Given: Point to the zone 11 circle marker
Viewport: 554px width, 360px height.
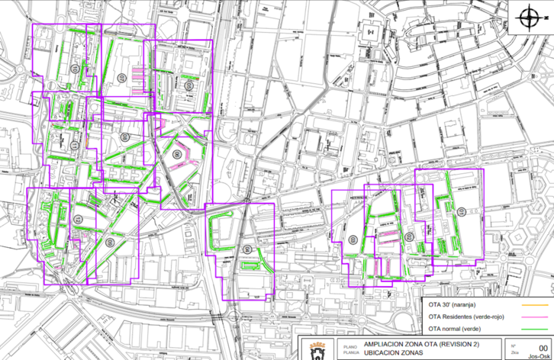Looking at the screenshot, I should pyautogui.click(x=353, y=239).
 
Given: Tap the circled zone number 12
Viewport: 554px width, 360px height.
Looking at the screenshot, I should pyautogui.click(x=409, y=236).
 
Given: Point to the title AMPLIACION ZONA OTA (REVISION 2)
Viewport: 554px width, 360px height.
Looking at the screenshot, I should pyautogui.click(x=416, y=344).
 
